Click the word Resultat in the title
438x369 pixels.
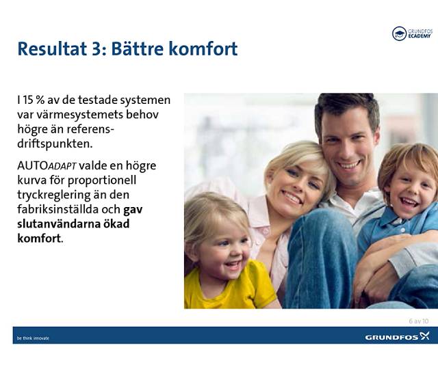click(x=51, y=49)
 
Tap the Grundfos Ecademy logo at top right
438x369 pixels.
click(x=411, y=33)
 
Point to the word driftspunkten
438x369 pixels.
click(x=55, y=144)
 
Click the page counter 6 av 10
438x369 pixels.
click(x=418, y=320)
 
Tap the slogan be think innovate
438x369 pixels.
click(x=33, y=338)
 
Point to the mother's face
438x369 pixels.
click(x=295, y=183)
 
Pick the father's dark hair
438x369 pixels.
click(x=346, y=109)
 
